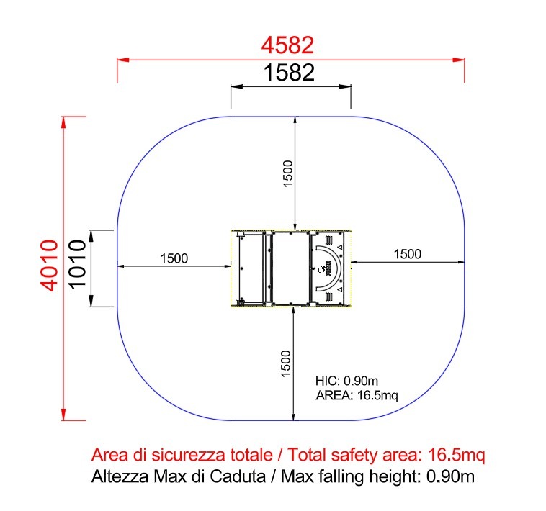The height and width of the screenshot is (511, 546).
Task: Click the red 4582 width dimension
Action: coord(287,45)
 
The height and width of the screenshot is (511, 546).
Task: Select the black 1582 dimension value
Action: coord(289,73)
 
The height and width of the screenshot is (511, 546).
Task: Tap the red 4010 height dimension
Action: coord(49,265)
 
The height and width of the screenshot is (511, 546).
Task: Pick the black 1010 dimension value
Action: coord(77,264)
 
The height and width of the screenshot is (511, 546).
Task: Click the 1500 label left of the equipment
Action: coord(174,258)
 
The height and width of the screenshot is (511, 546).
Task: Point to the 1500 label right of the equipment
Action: coord(408,254)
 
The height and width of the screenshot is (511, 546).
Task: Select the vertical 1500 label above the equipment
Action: coord(288,173)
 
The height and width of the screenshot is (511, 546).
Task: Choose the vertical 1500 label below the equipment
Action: coord(285,364)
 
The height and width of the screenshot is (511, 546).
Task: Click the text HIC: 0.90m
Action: coord(346,381)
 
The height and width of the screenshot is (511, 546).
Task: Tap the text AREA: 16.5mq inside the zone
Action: coord(357,396)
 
